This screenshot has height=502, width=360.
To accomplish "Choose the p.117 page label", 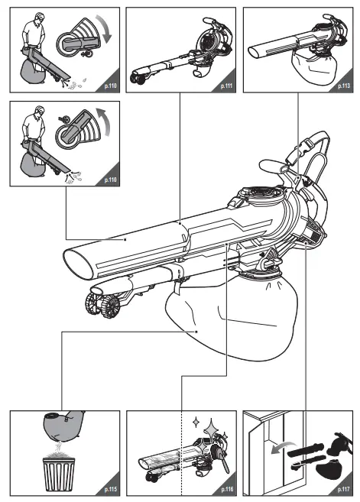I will pos(342,487).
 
